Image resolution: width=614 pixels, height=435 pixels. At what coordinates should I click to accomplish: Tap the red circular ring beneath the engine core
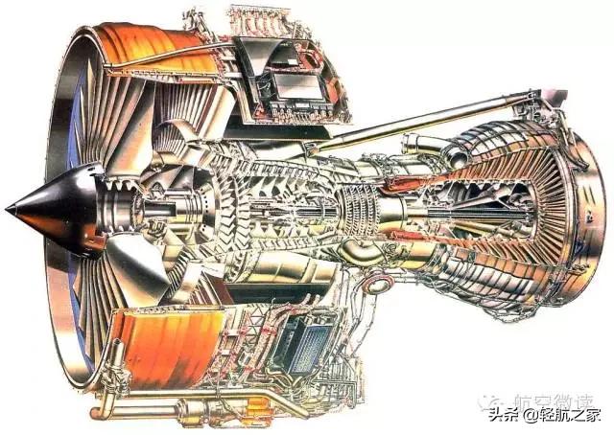pyautogui.click(x=380, y=284)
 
